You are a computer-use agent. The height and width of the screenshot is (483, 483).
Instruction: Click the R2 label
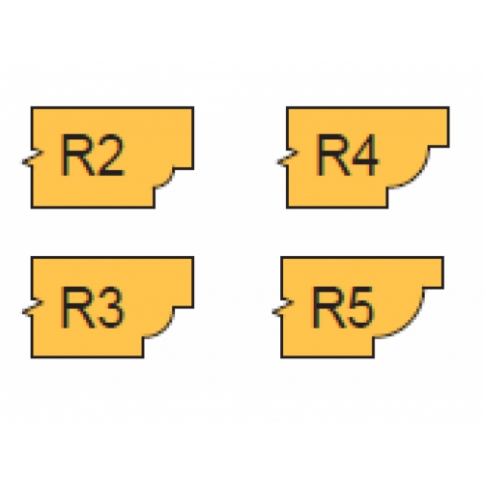point(93,156)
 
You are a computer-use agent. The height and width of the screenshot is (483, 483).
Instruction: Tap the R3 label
point(93,307)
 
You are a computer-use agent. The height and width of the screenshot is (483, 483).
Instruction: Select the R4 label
point(348,155)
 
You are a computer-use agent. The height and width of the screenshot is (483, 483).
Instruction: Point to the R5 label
point(344,307)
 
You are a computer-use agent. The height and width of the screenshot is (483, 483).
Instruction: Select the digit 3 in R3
point(109,307)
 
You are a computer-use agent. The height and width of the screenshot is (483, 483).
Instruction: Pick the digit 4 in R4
point(363,155)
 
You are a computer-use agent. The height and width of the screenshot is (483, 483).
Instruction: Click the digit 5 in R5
point(359,308)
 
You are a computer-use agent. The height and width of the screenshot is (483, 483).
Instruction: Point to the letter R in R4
point(332,156)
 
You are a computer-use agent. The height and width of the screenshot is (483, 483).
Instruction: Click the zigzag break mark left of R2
point(33,158)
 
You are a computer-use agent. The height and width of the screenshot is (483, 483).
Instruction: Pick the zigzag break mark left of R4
point(288,158)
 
